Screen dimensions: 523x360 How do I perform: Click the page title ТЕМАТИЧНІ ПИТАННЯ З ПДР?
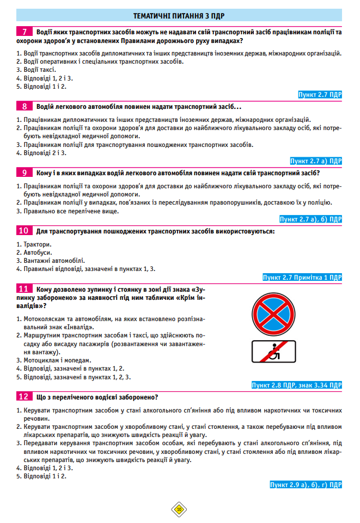[x=179, y=15]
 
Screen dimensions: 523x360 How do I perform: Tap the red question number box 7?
[x=25, y=32]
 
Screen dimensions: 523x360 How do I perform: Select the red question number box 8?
[x=25, y=106]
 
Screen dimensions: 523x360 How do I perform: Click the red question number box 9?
[x=25, y=173]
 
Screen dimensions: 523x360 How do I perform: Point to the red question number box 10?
[x=25, y=231]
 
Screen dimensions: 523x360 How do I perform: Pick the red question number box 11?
[x=25, y=288]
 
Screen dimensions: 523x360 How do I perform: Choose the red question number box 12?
[x=25, y=396]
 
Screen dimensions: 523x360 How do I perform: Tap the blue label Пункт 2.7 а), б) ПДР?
[x=310, y=219]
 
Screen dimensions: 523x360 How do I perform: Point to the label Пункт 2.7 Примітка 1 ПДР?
[x=302, y=278]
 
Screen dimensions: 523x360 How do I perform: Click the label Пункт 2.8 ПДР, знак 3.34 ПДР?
[x=297, y=385]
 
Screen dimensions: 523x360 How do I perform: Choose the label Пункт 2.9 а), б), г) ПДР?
[x=306, y=484]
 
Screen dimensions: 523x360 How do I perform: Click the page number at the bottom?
[x=179, y=509]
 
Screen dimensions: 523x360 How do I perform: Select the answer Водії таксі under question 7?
[x=36, y=69]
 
